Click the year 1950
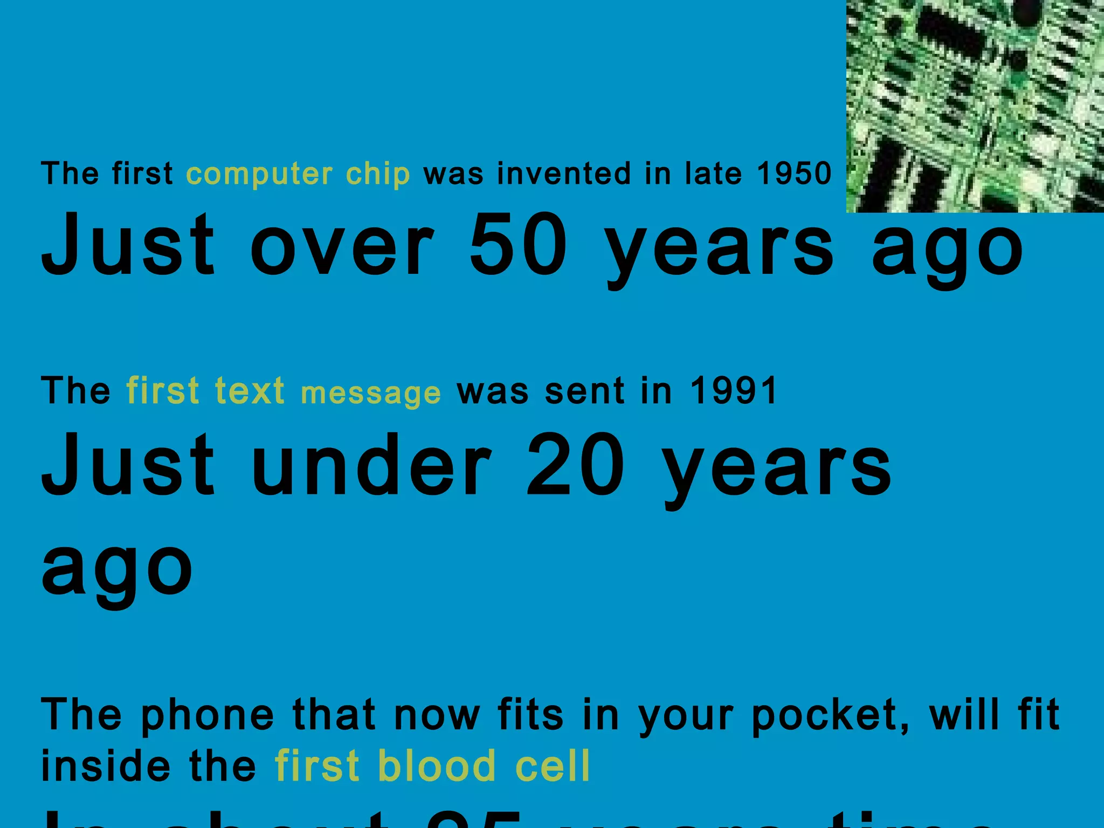[x=794, y=174]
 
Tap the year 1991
[x=734, y=391]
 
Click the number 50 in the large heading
[x=518, y=245]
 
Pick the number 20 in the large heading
[x=575, y=464]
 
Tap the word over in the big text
[x=342, y=246]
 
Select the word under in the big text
[x=371, y=464]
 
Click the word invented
[x=563, y=174]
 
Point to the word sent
[x=585, y=391]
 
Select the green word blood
[x=436, y=765]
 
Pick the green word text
[x=249, y=391]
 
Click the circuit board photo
[x=975, y=106]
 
